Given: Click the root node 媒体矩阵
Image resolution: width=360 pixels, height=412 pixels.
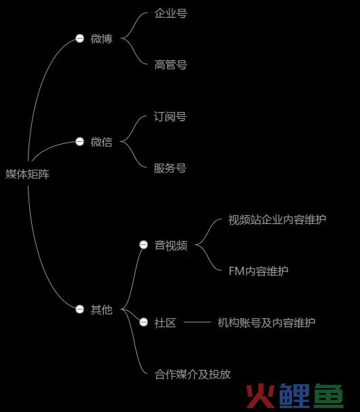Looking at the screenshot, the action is pos(27,174).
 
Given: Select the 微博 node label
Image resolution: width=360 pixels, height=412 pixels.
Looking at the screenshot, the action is pos(101,39).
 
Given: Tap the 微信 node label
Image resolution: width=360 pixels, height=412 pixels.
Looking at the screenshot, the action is pos(101,142).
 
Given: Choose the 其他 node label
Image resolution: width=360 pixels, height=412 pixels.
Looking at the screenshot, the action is pos(101,310).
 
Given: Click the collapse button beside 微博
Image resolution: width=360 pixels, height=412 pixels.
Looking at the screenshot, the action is pos(79,39).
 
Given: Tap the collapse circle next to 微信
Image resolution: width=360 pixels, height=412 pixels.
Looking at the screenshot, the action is pos(79,142).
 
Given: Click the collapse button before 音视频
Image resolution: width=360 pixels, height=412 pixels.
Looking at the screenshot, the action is pos(143,244).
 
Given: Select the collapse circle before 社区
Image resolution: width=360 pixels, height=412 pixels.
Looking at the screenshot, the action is pos(143,322).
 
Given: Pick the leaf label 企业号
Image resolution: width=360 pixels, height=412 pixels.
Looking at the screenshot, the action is pos(170,13).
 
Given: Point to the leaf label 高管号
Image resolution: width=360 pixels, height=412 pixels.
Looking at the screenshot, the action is pos(170,64).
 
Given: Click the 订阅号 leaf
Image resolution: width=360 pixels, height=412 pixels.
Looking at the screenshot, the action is pos(170,116).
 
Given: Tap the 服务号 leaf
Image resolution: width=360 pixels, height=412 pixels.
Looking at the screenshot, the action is pos(170,168).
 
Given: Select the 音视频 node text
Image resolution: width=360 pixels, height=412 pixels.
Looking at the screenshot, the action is pos(171,246).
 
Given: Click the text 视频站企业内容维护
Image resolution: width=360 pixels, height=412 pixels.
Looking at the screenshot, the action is pos(277,220).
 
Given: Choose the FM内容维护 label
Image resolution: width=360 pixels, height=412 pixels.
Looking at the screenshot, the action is pos(259,271).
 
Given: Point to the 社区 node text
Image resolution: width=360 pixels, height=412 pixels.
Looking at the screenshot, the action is pos(165,322).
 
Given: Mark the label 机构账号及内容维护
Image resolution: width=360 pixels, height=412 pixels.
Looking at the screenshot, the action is pos(266,322).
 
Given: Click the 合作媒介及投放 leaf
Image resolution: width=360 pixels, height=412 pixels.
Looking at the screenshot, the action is pos(192,374).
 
